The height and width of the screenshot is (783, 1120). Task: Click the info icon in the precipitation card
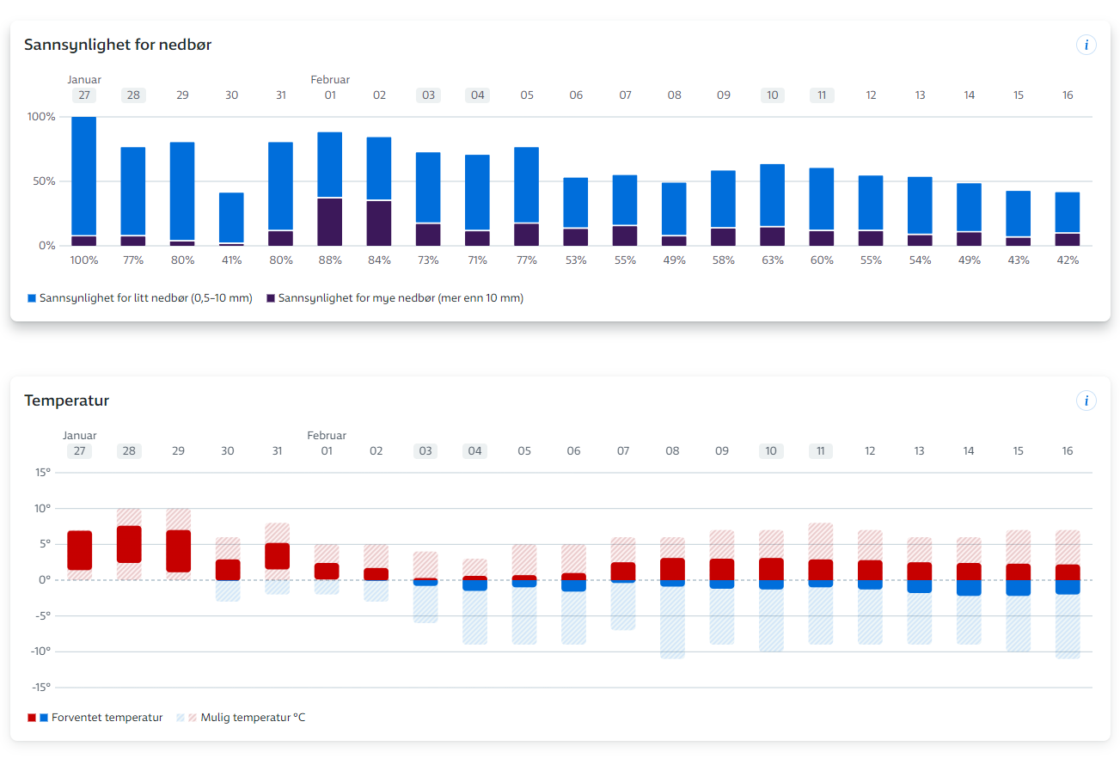[1086, 45]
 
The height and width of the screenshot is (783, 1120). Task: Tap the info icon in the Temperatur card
[1086, 401]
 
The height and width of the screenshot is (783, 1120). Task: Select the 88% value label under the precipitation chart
[330, 260]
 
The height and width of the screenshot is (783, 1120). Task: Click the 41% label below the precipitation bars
[231, 260]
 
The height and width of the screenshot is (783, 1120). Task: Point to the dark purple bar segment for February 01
[330, 223]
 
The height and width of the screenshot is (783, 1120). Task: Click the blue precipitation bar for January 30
[231, 217]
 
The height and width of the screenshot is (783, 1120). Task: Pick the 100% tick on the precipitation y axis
[41, 117]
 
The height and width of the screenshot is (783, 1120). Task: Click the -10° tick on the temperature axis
[41, 651]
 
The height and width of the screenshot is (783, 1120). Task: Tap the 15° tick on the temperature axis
[42, 473]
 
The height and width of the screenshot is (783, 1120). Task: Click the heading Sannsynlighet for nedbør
[118, 45]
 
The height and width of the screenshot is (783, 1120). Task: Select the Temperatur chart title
[66, 401]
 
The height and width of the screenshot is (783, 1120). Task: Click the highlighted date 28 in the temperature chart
[129, 451]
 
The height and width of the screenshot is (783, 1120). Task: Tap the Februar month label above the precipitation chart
[330, 80]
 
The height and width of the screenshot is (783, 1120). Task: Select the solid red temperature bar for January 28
[129, 544]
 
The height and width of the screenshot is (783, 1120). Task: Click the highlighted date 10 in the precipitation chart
[773, 95]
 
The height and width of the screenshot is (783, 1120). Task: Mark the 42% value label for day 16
[1068, 260]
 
